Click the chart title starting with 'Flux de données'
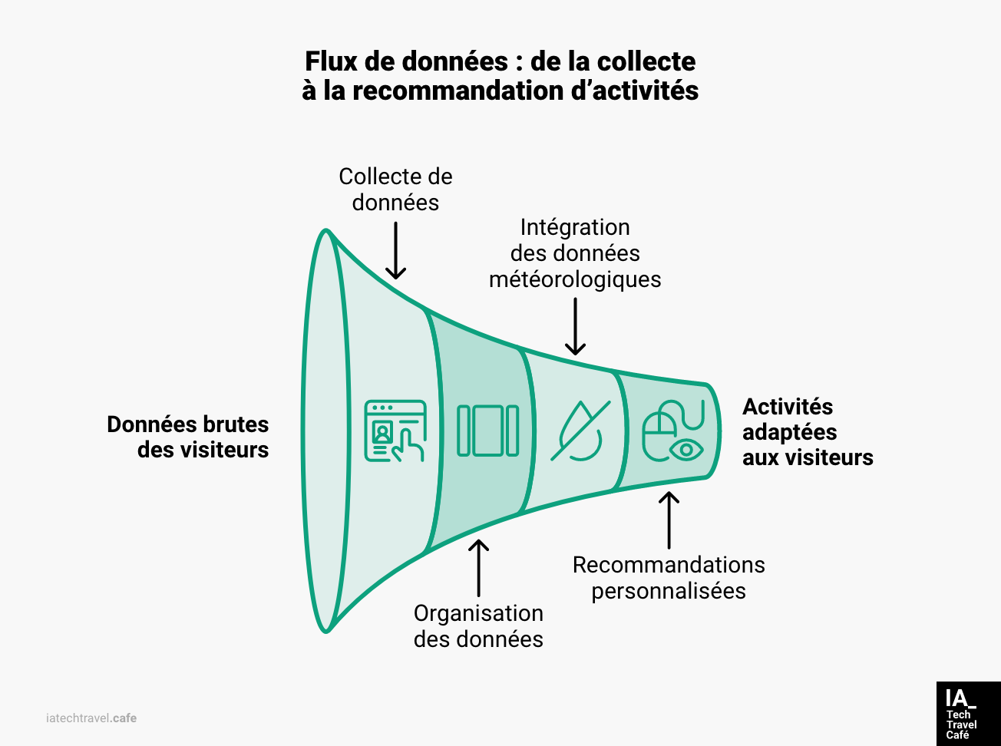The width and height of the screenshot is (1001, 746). click(500, 75)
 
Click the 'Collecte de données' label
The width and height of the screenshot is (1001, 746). click(395, 189)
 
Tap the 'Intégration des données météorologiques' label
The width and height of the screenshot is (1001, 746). click(575, 253)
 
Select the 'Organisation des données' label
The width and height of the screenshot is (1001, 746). click(478, 626)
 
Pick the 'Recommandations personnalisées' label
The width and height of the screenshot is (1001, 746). click(669, 577)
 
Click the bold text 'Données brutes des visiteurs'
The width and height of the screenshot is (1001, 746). click(188, 437)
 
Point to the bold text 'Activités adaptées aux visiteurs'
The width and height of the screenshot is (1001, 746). click(807, 431)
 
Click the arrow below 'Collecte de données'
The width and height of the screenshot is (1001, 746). click(395, 251)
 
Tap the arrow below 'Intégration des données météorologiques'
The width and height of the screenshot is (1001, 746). click(575, 327)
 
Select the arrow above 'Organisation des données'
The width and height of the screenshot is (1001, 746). click(478, 568)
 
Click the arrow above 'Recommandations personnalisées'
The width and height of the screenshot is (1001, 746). click(669, 520)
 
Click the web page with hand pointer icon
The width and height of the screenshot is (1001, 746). click(395, 431)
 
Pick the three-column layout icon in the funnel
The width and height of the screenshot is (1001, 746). click(487, 431)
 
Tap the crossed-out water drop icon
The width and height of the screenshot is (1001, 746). click(580, 431)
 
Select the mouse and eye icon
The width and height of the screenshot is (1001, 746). click(672, 431)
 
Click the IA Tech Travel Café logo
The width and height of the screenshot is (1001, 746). click(968, 714)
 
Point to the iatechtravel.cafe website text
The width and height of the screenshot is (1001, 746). click(91, 718)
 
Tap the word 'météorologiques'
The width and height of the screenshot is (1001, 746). click(575, 279)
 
